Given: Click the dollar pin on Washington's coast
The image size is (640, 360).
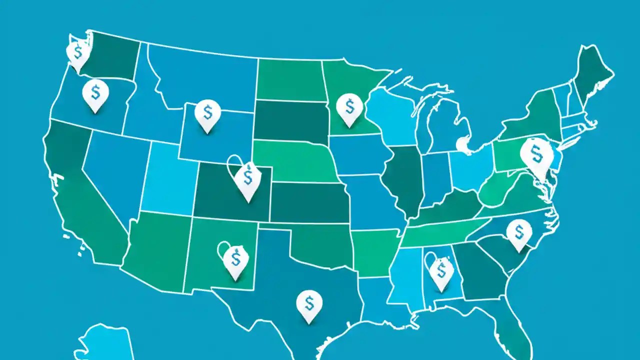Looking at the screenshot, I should pyautogui.click(x=77, y=53).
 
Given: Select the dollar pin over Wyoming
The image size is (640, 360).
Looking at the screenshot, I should pyautogui.click(x=207, y=112).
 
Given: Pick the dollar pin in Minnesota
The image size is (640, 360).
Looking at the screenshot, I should pyautogui.click(x=349, y=107).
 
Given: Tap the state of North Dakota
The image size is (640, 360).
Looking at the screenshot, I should pyautogui.click(x=289, y=80).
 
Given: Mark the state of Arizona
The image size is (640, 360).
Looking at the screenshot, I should pyautogui.click(x=155, y=250).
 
